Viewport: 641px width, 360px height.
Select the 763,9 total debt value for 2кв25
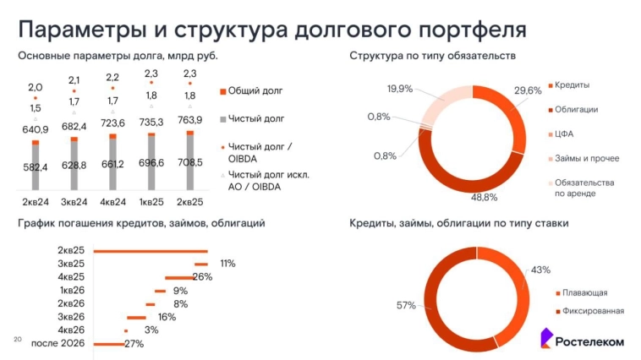tap(189, 119)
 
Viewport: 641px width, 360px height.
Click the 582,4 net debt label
tap(36, 167)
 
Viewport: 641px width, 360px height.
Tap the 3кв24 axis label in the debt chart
tap(74, 202)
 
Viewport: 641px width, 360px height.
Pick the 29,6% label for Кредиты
tap(528, 90)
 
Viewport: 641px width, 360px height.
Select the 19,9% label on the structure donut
tap(400, 89)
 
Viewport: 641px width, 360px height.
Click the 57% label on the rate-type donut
tap(405, 304)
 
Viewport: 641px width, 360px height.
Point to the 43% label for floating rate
tap(540, 270)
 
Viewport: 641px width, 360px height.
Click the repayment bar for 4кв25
tap(178, 277)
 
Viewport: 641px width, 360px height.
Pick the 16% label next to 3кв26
tap(166, 317)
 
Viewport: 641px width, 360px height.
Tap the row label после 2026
tap(58, 343)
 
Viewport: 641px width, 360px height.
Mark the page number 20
tap(17, 339)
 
